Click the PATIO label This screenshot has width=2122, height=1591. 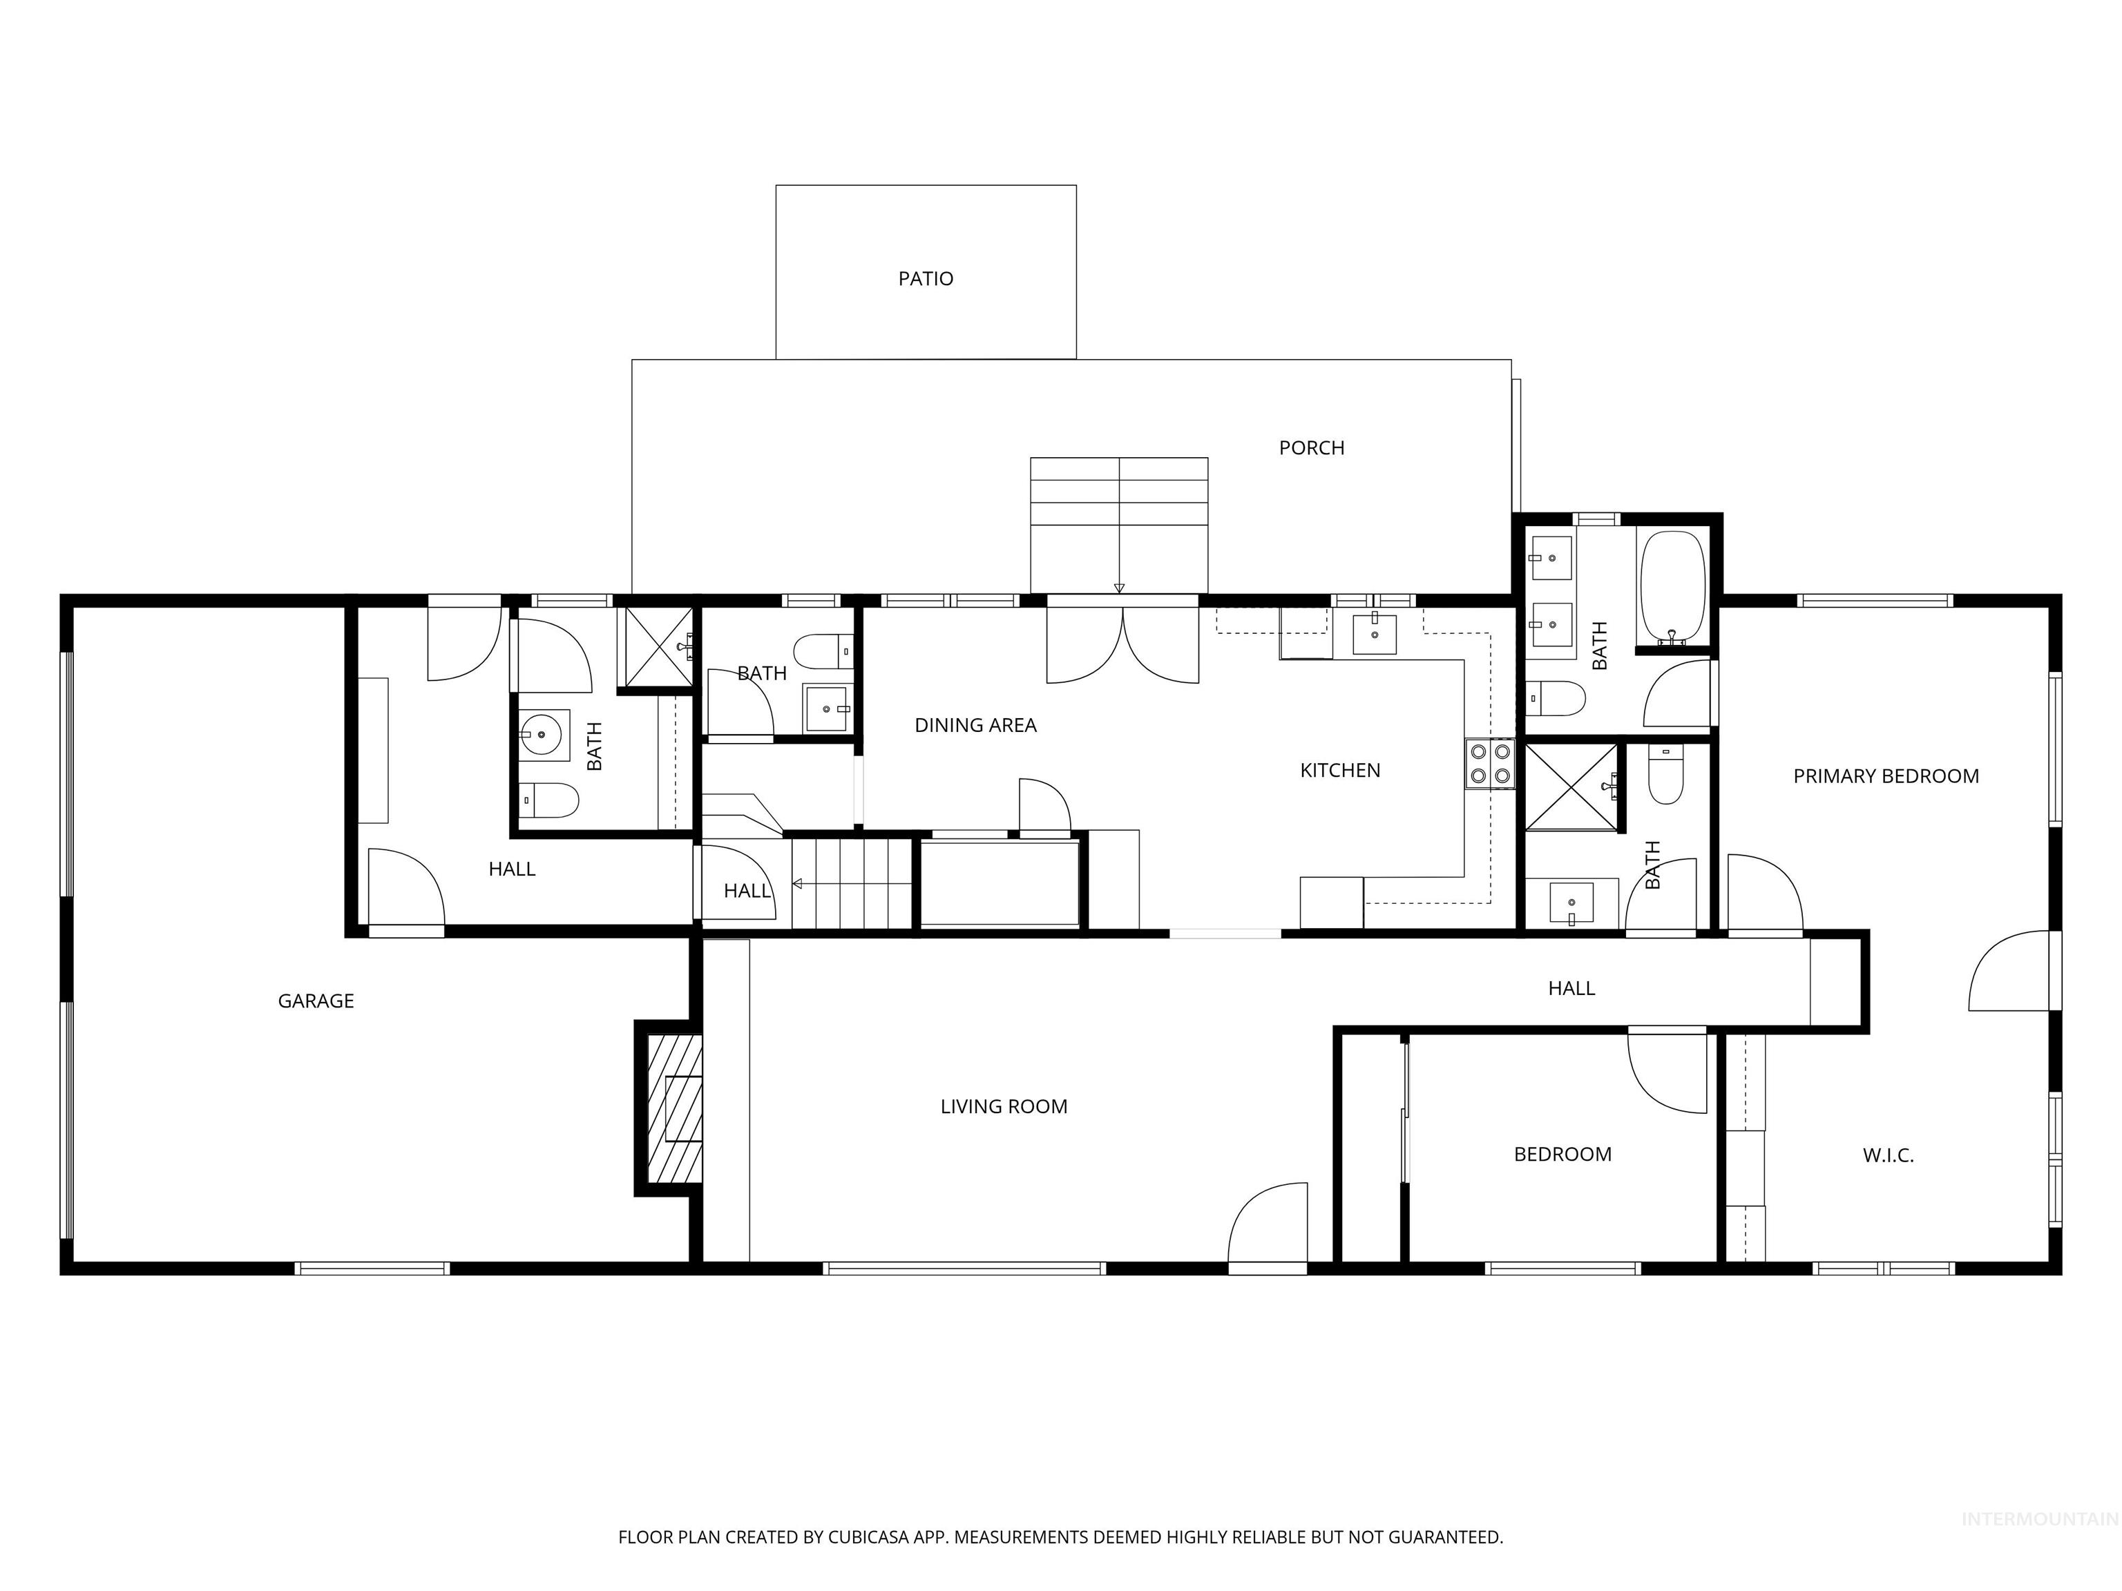point(925,279)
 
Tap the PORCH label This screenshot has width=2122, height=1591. point(1310,448)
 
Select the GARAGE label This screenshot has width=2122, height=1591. point(316,1001)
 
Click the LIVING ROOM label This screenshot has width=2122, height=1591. point(1004,1107)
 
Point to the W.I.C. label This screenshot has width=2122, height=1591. point(1887,1155)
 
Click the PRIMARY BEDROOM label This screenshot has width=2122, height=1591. point(1885,777)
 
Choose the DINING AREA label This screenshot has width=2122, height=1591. point(975,726)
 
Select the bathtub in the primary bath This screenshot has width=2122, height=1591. point(1672,587)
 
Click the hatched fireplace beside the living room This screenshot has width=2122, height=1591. point(676,1108)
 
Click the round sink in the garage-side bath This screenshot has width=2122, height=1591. point(543,735)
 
